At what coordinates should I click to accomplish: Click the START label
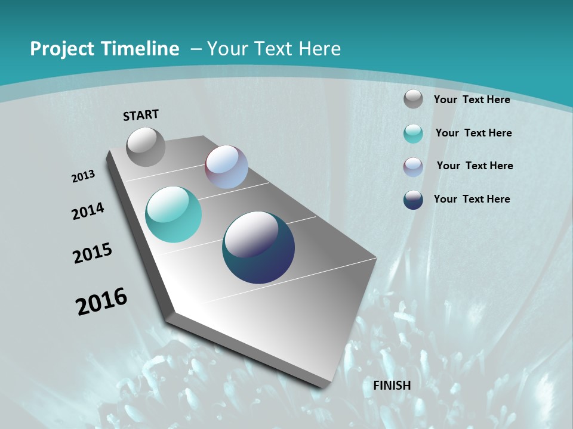[141, 115]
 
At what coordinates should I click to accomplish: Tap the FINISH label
[392, 386]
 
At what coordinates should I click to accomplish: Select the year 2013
[83, 176]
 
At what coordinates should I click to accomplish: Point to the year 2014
[88, 211]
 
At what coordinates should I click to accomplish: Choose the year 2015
[93, 253]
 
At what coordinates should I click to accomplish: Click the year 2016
[101, 301]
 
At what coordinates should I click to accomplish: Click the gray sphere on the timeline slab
[146, 147]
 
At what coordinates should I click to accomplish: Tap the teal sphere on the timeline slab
[174, 214]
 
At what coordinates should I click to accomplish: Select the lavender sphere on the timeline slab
[226, 167]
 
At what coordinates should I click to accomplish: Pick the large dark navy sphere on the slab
[258, 247]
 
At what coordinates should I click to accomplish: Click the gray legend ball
[413, 99]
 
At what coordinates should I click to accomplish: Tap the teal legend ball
[413, 133]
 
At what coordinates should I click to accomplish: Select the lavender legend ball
[413, 167]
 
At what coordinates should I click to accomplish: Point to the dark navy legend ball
[413, 200]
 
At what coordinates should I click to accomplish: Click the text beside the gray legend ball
[472, 100]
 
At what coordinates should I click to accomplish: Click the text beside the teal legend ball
[473, 133]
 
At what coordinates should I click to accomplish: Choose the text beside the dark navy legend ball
[472, 199]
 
